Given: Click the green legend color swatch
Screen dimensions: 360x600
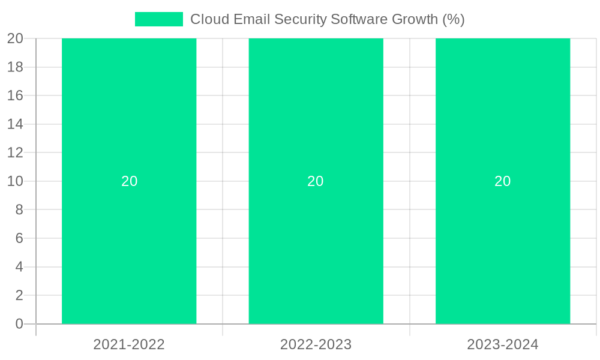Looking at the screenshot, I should pos(158,19).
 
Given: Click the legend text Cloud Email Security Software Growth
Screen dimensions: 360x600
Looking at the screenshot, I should pos(327,19).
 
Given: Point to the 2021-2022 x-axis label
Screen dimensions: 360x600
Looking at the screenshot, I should pos(129,344).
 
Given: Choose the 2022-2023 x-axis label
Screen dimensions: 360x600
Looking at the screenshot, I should pos(316,344).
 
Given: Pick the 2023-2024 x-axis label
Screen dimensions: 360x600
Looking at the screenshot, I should pos(503,344).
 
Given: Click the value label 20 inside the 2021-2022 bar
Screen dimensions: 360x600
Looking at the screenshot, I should pos(129,181).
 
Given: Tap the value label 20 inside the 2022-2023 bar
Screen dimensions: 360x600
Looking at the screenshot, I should pos(316,181).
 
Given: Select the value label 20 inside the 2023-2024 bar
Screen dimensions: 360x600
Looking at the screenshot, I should pos(503,181).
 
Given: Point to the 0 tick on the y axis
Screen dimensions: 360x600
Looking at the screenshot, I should pos(19,324).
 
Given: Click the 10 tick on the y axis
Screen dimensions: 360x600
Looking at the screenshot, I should pos(15,181).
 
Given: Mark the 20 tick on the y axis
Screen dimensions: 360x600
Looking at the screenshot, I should pos(15,38).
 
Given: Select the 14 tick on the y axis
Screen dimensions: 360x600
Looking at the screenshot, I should pos(15,124).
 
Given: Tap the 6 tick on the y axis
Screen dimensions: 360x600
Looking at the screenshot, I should pos(19,238).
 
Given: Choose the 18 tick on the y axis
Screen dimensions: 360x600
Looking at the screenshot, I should pos(15,67).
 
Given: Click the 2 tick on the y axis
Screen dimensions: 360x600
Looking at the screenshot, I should pos(19,295).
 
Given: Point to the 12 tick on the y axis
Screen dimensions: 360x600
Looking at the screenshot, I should pos(15,152).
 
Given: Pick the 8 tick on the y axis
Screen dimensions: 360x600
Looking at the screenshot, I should pos(19,209).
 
